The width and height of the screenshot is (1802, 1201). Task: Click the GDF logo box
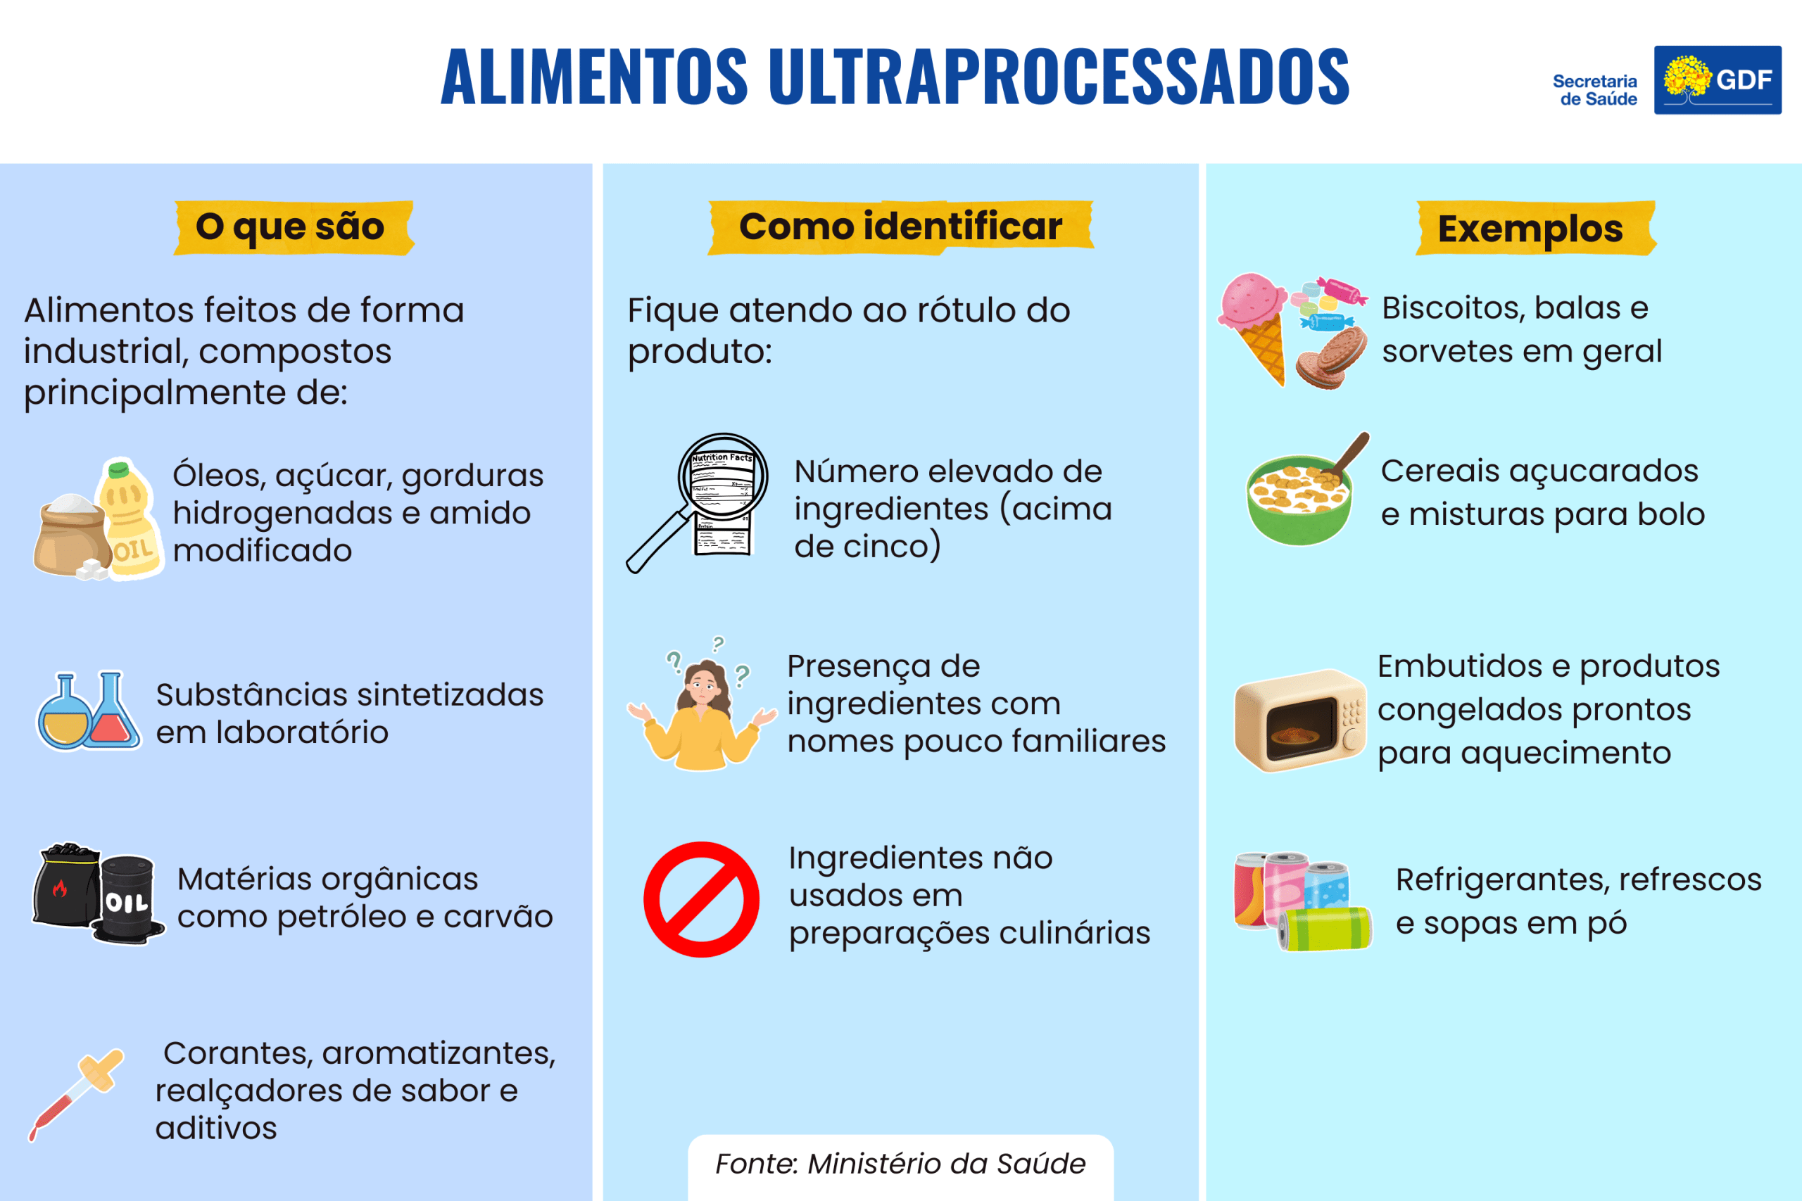pos(1717,80)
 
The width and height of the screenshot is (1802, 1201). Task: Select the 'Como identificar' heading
pos(900,226)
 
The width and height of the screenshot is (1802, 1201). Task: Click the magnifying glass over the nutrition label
pos(697,502)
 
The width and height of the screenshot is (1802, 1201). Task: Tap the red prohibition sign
pos(701,899)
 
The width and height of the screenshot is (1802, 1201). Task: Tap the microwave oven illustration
pos(1299,720)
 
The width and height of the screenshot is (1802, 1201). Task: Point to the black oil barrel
pos(128,899)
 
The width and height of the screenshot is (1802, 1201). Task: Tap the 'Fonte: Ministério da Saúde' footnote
pos(900,1164)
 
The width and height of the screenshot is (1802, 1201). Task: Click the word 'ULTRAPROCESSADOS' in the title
pos(1059,77)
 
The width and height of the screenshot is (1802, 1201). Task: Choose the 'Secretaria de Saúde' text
pos(1595,89)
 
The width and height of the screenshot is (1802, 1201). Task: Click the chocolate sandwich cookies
pos(1332,358)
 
